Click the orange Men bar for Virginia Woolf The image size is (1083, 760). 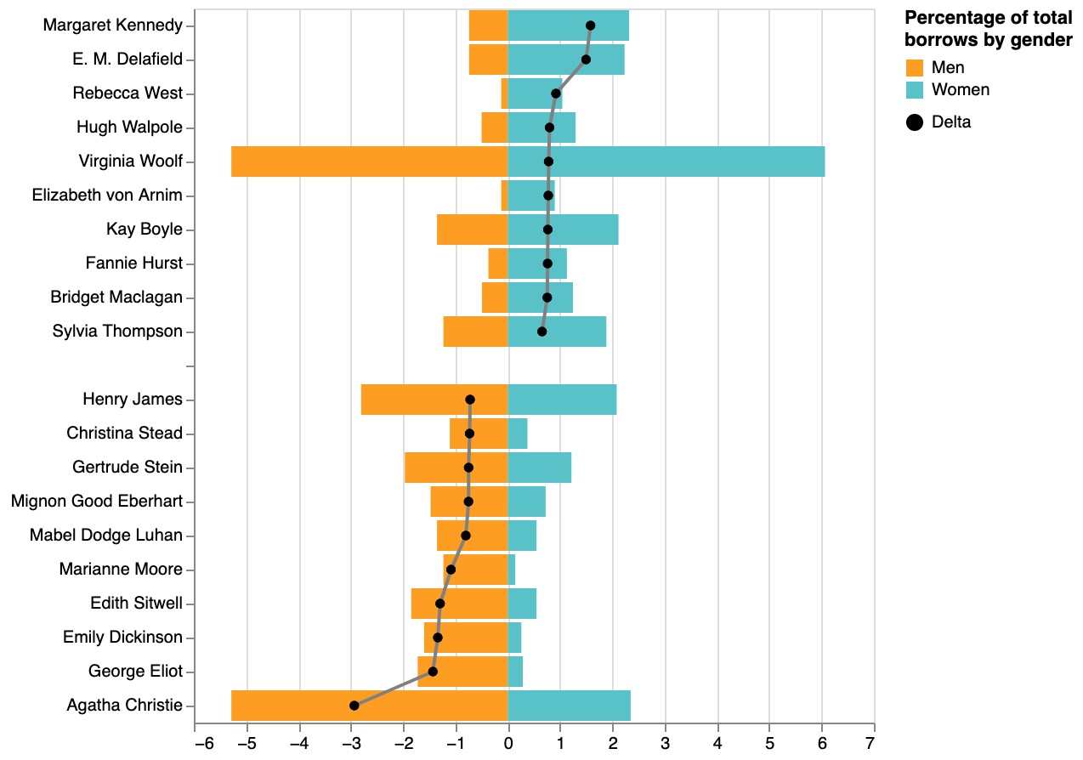(369, 162)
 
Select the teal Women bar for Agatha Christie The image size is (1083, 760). (570, 706)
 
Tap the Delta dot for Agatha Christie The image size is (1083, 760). (354, 706)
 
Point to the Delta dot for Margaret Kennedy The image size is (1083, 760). (590, 26)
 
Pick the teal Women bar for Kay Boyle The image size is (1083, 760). (563, 230)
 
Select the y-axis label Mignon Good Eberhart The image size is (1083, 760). (97, 502)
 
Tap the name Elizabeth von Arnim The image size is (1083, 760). (107, 196)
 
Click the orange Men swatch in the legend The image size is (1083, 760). (915, 68)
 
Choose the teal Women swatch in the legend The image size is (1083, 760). (915, 90)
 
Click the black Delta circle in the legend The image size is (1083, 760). (915, 122)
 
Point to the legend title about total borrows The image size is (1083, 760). (987, 29)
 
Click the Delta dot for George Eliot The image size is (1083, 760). (432, 672)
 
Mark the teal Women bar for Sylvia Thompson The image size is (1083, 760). (557, 332)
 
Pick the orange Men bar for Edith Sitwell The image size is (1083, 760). (459, 604)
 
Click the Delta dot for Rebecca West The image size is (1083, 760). (556, 94)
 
